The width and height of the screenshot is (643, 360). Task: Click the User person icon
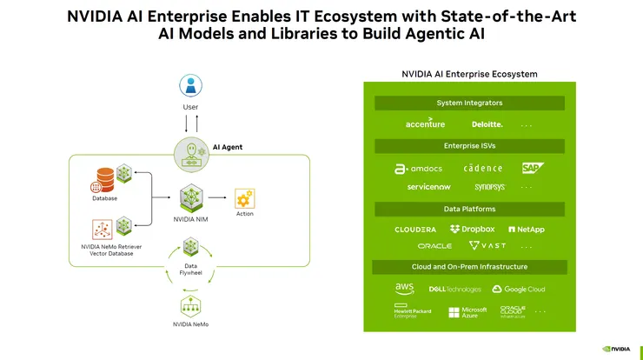[x=190, y=85]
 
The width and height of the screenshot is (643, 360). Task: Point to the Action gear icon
[x=245, y=197]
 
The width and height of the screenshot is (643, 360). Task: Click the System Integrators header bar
[x=469, y=103]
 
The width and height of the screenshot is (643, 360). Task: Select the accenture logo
[x=425, y=124]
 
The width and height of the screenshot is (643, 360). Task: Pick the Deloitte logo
[x=487, y=124]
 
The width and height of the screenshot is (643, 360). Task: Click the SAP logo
[x=533, y=167]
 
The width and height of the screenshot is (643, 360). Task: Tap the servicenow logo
[x=428, y=187]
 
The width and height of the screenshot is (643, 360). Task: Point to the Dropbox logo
[x=473, y=230]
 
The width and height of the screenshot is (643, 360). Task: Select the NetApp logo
[x=527, y=230]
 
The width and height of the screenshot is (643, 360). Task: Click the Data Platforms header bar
[x=469, y=209]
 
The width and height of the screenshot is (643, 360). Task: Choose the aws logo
[x=405, y=288]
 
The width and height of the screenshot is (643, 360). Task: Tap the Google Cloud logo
[x=519, y=289]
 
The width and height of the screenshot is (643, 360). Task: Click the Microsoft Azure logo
[x=467, y=312]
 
